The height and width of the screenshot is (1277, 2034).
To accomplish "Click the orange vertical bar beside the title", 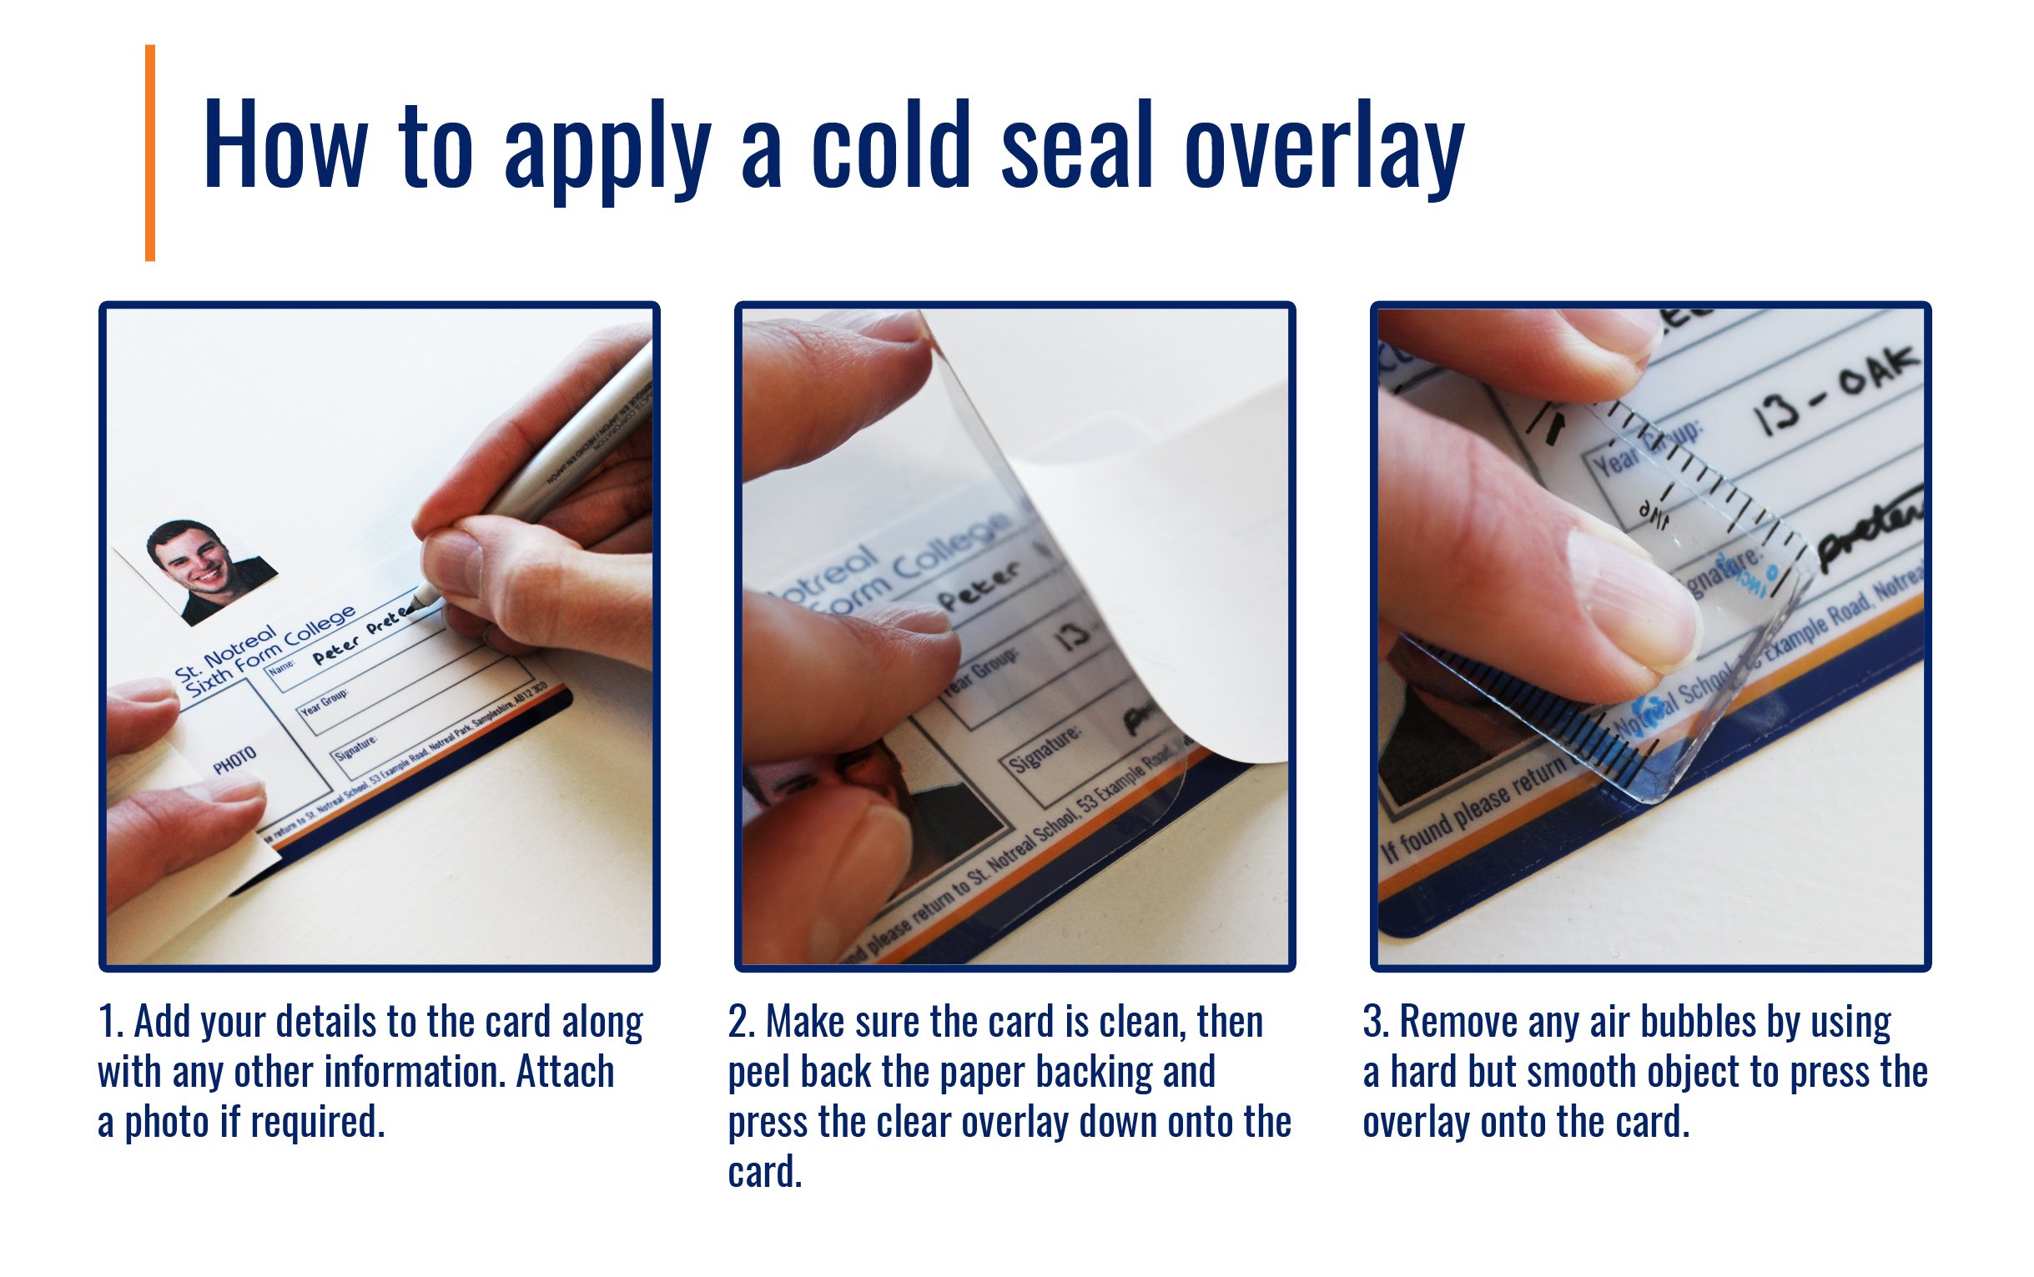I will point(150,153).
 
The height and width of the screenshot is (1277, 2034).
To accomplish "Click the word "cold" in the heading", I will point(890,145).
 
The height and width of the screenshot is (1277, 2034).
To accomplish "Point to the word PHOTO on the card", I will point(234,760).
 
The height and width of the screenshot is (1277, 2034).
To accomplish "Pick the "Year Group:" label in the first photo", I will point(325,702).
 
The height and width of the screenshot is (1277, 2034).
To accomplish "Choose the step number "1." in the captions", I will point(111,1022).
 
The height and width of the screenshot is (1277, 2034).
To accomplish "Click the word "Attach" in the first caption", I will point(565,1073).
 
